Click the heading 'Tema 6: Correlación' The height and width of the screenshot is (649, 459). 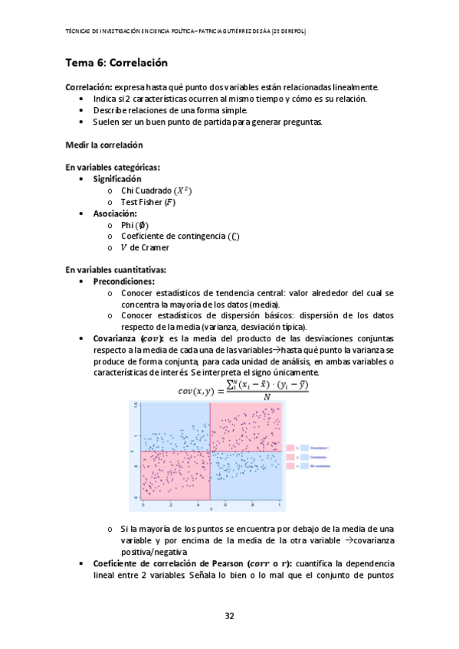point(116,62)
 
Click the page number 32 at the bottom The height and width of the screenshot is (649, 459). point(229,616)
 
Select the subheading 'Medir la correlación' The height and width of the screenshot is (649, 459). point(103,145)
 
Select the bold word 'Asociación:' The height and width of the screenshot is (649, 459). point(115,214)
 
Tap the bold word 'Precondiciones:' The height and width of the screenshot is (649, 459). point(123,281)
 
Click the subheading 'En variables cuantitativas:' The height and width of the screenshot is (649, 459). point(115,269)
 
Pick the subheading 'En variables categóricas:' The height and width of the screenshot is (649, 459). point(112,167)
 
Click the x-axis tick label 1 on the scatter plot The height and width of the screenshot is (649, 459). point(280,505)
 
